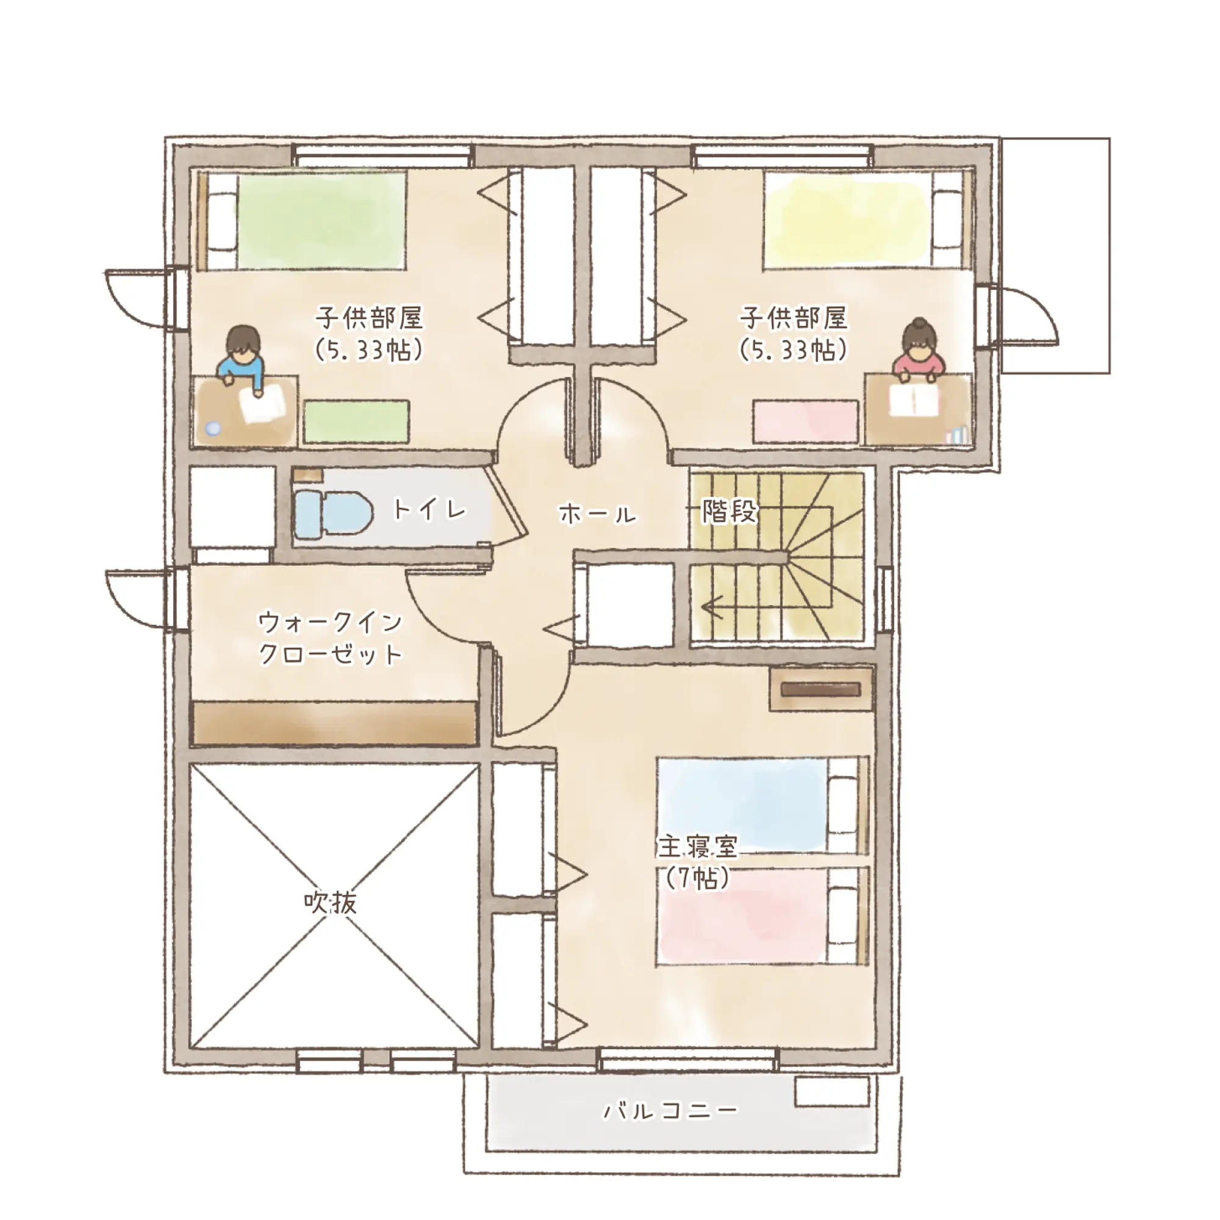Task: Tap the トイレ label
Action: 429,509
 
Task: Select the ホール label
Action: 597,514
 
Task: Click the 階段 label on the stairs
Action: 730,511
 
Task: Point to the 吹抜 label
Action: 330,902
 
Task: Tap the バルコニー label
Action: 670,1110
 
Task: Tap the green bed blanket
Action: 320,221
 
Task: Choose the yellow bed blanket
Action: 847,221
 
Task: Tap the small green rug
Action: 356,421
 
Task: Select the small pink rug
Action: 806,421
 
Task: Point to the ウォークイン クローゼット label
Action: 330,638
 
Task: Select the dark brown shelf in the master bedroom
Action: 821,689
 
